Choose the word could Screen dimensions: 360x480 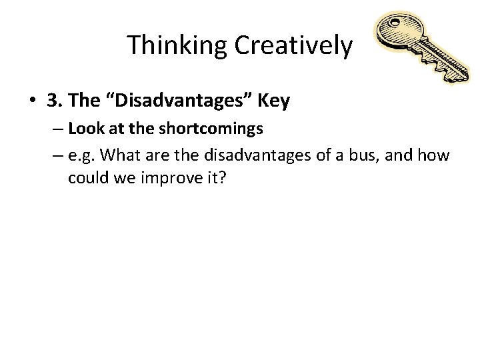pos(85,179)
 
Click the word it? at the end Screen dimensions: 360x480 pos(211,179)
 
